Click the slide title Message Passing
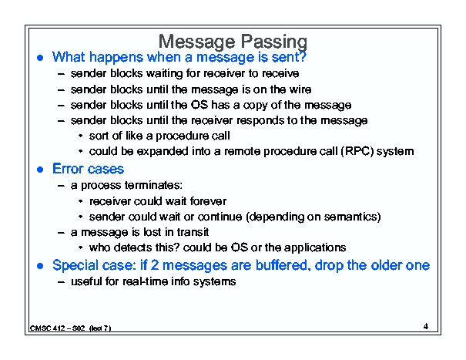pos(233,42)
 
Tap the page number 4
pos(426,326)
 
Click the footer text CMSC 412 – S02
pos(57,328)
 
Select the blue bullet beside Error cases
pos(40,170)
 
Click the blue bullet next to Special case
pos(40,266)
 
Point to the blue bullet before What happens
pos(40,58)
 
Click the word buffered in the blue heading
pos(281,265)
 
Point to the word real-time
pos(146,281)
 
